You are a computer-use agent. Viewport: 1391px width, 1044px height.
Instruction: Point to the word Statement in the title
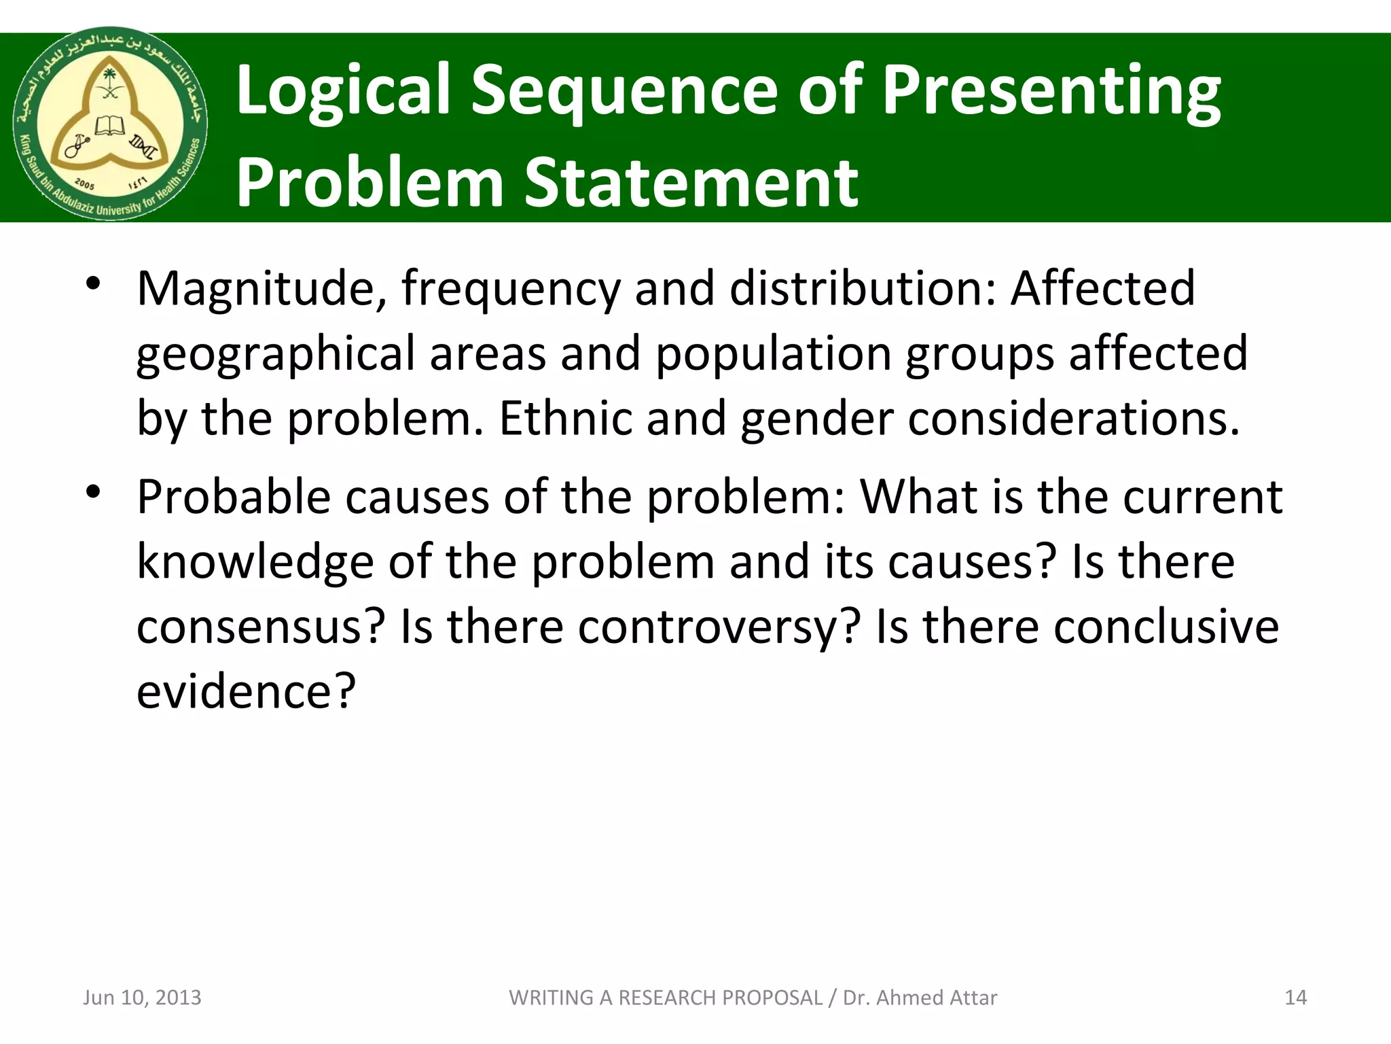click(691, 182)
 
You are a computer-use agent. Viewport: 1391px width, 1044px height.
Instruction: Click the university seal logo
click(111, 124)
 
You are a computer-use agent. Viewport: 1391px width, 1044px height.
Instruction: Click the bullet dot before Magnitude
click(94, 283)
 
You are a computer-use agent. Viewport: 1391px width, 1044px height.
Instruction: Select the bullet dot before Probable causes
click(94, 491)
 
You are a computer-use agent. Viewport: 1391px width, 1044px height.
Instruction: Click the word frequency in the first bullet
click(511, 289)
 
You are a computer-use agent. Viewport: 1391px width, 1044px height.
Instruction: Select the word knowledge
click(255, 562)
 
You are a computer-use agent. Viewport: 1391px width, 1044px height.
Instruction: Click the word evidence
click(246, 691)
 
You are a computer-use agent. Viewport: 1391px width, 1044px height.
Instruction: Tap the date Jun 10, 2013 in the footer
click(142, 997)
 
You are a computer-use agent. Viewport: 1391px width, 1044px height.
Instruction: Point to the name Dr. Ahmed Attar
click(920, 997)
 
